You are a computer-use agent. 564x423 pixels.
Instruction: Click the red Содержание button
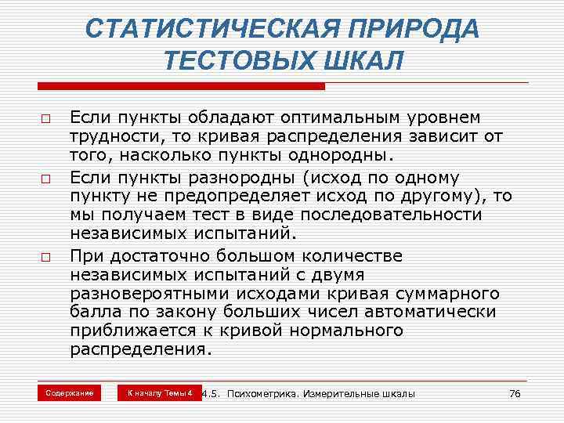pyautogui.click(x=70, y=392)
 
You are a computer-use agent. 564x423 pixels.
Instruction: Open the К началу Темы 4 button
pyautogui.click(x=160, y=392)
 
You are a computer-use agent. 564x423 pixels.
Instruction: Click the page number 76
pyautogui.click(x=514, y=393)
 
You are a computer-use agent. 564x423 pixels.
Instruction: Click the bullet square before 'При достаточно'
pyautogui.click(x=47, y=257)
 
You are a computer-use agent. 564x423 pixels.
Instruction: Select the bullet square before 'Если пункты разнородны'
pyautogui.click(x=47, y=179)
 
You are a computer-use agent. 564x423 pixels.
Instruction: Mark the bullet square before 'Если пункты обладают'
pyautogui.click(x=47, y=121)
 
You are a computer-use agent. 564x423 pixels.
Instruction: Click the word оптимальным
pyautogui.click(x=338, y=117)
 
